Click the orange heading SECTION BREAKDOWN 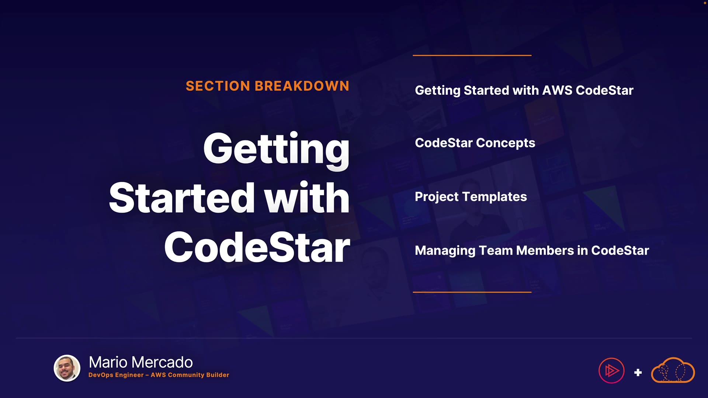[x=267, y=86]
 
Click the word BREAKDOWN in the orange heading [x=302, y=86]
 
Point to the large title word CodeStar [x=257, y=247]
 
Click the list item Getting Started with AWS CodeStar [x=524, y=91]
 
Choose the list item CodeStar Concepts [x=475, y=143]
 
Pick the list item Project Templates [x=471, y=197]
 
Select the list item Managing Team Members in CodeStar [x=532, y=251]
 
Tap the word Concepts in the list [x=506, y=143]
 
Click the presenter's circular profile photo [x=67, y=368]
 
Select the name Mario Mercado [x=141, y=362]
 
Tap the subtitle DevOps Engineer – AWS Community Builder [x=159, y=375]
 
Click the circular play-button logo [x=611, y=371]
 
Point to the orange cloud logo [x=673, y=370]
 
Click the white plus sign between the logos [x=638, y=373]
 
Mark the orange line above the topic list [x=472, y=55]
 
